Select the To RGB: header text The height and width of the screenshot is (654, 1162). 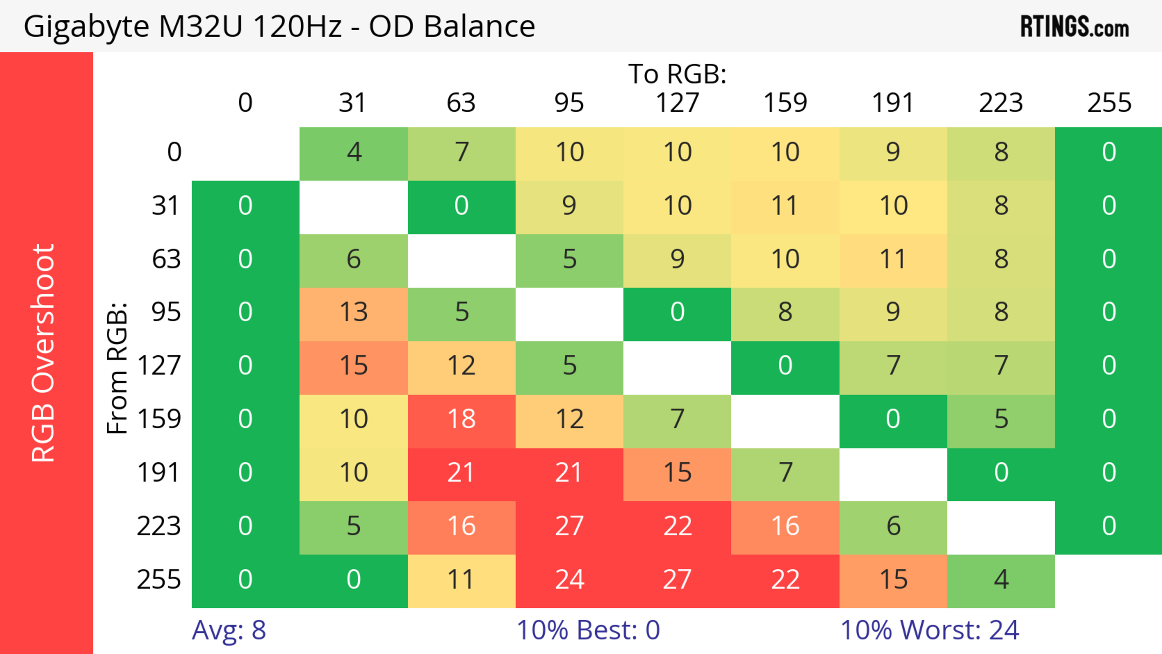[x=677, y=74]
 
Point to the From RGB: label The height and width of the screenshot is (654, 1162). [x=117, y=368]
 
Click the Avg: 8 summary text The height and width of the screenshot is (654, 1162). [x=229, y=630]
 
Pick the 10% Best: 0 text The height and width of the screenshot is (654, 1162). [x=588, y=630]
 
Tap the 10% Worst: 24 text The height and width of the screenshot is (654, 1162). [x=930, y=630]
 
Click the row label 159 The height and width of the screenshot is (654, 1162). [x=159, y=419]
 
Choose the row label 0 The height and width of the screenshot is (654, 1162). [x=174, y=152]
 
